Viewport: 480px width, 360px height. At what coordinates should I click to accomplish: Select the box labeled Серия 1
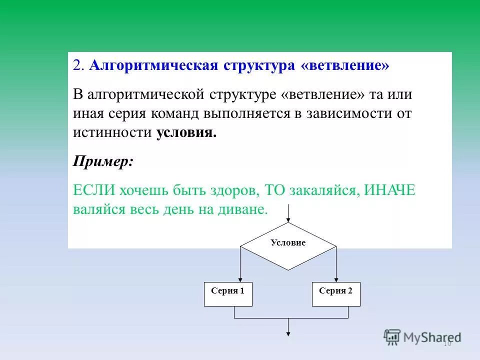tap(228, 294)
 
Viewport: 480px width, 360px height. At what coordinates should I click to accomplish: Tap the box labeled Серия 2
tap(336, 294)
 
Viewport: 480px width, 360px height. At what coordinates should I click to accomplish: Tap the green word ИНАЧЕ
tap(389, 190)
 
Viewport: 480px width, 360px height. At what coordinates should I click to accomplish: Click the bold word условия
tap(186, 132)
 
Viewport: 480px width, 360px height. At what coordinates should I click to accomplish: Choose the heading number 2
tap(77, 66)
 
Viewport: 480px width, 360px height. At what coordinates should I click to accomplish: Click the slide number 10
tap(447, 343)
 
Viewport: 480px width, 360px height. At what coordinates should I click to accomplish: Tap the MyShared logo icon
tap(392, 336)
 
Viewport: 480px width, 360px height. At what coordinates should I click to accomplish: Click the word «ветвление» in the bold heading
tap(345, 66)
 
